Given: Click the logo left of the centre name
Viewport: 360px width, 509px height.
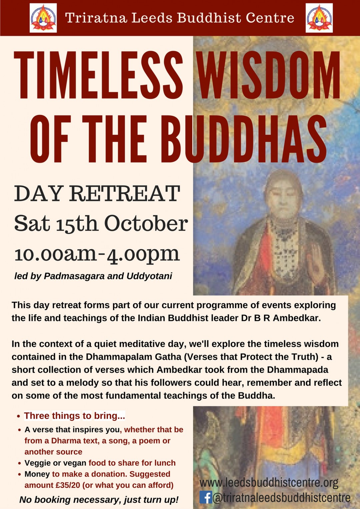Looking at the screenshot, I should [x=43, y=18].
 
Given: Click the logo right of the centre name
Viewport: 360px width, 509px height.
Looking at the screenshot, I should [x=319, y=18].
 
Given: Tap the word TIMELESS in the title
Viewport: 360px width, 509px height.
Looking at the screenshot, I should [x=99, y=75].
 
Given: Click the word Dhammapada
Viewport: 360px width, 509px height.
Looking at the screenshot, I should [x=298, y=370].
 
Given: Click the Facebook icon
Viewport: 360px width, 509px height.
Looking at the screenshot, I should [x=206, y=497].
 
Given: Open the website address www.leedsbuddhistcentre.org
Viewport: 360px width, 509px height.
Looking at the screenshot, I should [x=269, y=483].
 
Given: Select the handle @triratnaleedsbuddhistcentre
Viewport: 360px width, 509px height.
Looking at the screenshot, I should [x=282, y=498].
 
